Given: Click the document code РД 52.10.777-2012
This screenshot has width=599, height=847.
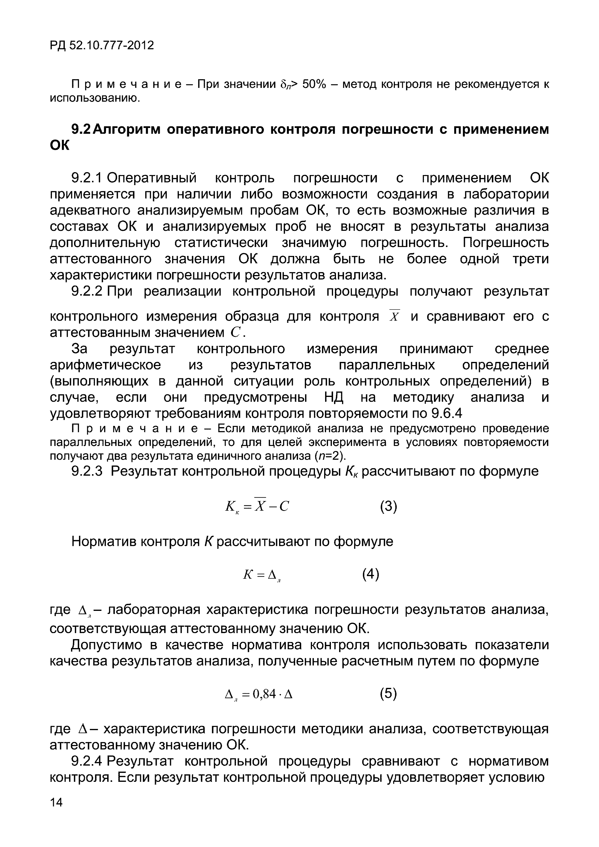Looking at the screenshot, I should pyautogui.click(x=101, y=46).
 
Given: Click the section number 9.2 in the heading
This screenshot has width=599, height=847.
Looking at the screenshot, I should pyautogui.click(x=80, y=129).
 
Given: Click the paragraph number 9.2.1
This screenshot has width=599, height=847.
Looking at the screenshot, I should pyautogui.click(x=87, y=178).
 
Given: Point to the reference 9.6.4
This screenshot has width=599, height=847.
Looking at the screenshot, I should pyautogui.click(x=446, y=414).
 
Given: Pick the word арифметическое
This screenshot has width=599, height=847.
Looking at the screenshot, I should pyautogui.click(x=106, y=365).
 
